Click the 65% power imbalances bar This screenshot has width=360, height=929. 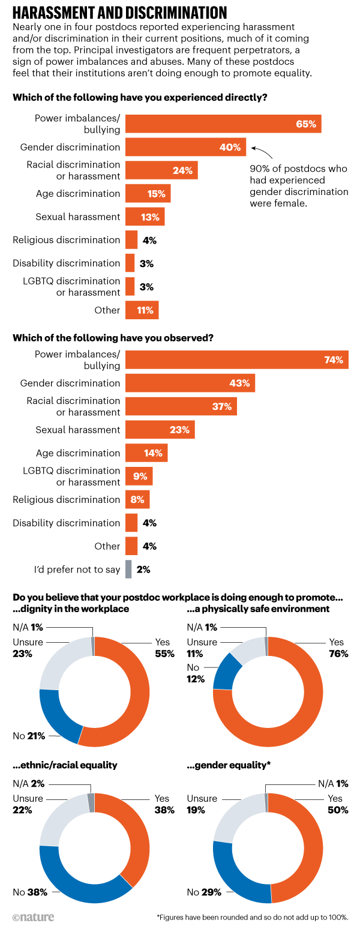223,124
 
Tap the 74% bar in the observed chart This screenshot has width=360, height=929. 237,360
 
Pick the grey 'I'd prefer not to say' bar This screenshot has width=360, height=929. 128,569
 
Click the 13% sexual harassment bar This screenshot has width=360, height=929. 145,217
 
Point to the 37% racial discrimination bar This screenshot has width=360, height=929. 181,406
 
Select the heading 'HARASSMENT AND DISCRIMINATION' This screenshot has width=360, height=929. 120,13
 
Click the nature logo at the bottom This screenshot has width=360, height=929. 33,916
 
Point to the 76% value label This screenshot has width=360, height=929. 338,654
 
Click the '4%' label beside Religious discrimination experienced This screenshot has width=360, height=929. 149,240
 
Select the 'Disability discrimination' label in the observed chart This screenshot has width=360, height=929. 67,523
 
